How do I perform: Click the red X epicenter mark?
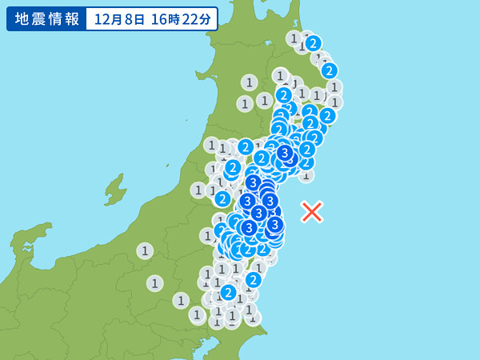312,212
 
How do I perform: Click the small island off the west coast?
115,190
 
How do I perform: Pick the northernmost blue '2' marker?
314,43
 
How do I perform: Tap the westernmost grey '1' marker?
145,250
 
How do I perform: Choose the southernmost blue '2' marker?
229,292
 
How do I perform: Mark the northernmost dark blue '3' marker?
284,152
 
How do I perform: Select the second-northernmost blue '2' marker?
329,70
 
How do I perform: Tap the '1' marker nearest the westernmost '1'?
155,283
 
